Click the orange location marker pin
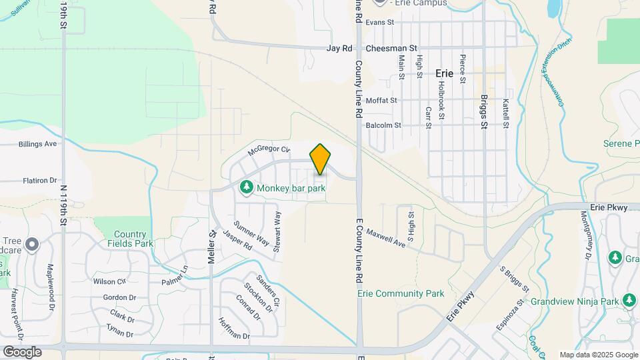(x=321, y=159)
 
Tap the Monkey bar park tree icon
(x=247, y=188)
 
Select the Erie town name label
(x=444, y=73)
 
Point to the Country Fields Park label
(x=130, y=239)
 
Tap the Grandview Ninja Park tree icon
(x=628, y=301)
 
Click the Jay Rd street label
(x=339, y=49)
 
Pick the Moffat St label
(x=381, y=101)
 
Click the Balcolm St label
(x=383, y=125)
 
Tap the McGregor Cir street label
(x=269, y=151)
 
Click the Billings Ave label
(x=38, y=144)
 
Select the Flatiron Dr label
(x=40, y=180)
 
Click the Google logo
(x=22, y=351)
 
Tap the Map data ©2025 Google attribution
(x=598, y=355)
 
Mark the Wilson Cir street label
(x=109, y=281)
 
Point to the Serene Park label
(x=621, y=143)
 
